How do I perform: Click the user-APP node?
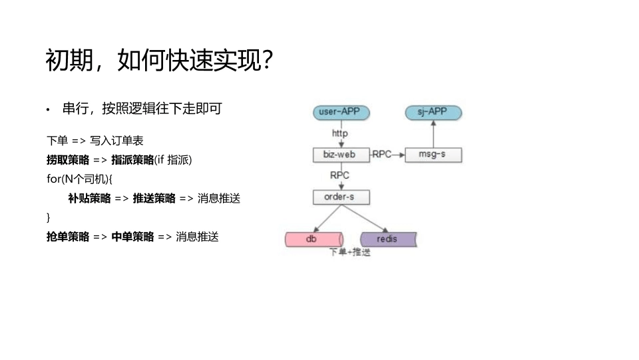[x=339, y=112]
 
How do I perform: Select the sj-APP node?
[x=433, y=112]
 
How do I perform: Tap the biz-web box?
[x=339, y=155]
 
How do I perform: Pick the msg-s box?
[x=433, y=155]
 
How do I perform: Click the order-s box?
[x=339, y=197]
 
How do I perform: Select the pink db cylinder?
[x=312, y=239]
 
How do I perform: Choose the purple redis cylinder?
[x=387, y=239]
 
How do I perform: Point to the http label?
[x=339, y=133]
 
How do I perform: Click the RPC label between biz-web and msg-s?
[x=382, y=155]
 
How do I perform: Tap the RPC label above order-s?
[x=339, y=175]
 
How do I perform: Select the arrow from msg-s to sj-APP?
[x=433, y=135]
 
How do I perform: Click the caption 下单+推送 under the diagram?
[x=350, y=253]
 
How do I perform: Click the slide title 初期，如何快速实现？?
[x=160, y=61]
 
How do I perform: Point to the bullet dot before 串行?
[x=49, y=110]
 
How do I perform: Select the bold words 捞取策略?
[x=67, y=160]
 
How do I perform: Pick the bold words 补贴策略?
[x=89, y=198]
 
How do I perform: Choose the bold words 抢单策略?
[x=67, y=237]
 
